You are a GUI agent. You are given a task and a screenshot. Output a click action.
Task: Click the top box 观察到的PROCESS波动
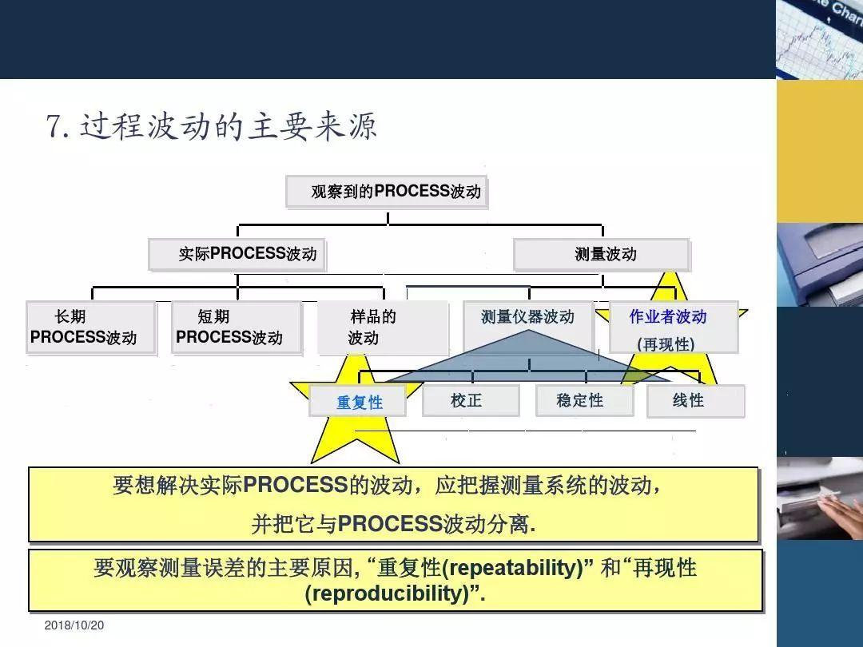(x=387, y=192)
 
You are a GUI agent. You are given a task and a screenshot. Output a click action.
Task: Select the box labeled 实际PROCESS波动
(x=237, y=254)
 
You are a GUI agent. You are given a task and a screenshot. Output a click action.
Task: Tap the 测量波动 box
(x=601, y=254)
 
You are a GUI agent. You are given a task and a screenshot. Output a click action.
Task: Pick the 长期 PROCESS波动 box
(x=90, y=327)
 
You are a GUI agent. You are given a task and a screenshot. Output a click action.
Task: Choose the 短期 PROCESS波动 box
(x=237, y=327)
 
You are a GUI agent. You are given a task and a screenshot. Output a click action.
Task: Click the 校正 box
(x=470, y=401)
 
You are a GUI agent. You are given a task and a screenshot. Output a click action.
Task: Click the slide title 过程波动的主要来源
(x=228, y=127)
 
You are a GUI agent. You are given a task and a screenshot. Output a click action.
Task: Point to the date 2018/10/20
(x=74, y=625)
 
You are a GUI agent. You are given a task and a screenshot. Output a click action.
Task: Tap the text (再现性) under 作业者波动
(x=666, y=343)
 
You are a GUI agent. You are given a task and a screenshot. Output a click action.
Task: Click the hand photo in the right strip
(x=819, y=499)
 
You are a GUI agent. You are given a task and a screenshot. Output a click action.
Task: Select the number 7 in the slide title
(x=54, y=127)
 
